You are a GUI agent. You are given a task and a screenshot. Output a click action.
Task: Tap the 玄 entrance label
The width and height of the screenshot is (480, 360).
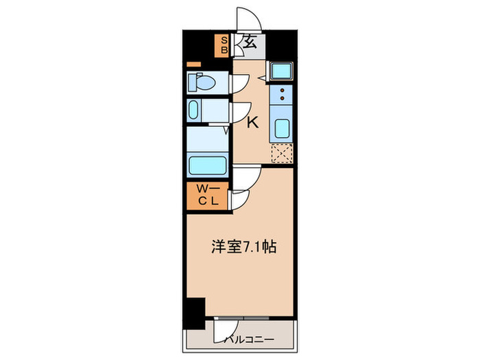click(x=250, y=43)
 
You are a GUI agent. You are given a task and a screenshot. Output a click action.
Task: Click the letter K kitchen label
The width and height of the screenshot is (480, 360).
click(x=252, y=123)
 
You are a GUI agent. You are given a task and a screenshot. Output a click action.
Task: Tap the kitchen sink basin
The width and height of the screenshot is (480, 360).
click(x=282, y=128)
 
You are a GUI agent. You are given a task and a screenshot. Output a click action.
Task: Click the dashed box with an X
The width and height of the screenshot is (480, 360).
click(x=282, y=154)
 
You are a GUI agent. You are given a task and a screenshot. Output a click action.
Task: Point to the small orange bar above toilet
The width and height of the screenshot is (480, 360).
click(x=194, y=64)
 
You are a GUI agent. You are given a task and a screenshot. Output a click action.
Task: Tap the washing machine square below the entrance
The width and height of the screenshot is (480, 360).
click(x=280, y=71)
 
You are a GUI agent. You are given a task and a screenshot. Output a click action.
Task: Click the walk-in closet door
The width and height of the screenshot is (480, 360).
click(x=238, y=200)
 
